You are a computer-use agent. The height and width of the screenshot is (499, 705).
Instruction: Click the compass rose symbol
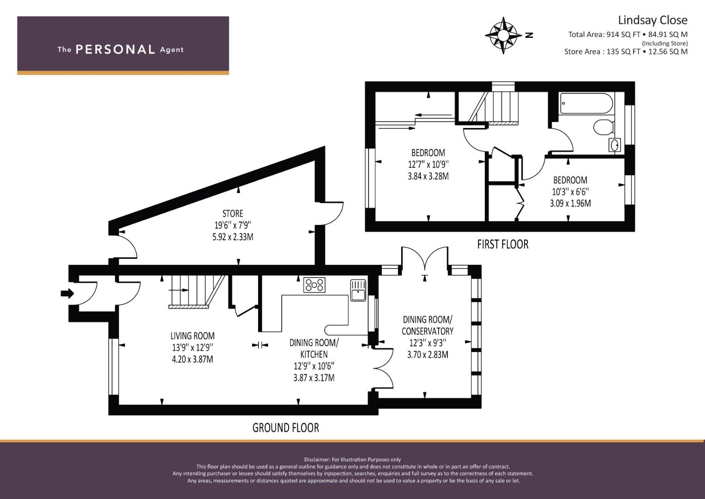(x=503, y=35)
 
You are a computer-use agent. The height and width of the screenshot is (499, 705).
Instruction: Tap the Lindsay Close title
(x=652, y=20)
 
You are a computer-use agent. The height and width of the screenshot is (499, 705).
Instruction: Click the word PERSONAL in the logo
(x=115, y=49)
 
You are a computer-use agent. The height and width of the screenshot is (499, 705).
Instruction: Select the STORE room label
(x=233, y=213)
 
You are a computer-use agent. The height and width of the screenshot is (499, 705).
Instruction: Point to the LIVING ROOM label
(x=193, y=336)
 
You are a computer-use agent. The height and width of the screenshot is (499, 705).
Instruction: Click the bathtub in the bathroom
(x=586, y=103)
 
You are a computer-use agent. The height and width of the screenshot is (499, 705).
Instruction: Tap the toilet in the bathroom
(x=603, y=127)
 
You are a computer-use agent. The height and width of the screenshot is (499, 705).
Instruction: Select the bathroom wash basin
(x=615, y=145)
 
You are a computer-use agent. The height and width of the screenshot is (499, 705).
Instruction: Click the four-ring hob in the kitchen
(x=314, y=285)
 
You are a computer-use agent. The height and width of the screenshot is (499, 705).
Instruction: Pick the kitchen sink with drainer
(x=358, y=290)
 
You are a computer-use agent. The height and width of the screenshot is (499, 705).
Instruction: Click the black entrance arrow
(x=67, y=293)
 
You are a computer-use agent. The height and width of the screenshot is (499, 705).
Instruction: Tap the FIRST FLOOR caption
(x=503, y=244)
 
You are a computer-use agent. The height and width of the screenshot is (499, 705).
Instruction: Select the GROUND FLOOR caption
(x=285, y=428)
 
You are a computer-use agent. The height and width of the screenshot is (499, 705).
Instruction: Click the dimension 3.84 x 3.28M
(x=428, y=176)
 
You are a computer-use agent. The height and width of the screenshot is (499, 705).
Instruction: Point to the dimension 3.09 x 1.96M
(x=570, y=203)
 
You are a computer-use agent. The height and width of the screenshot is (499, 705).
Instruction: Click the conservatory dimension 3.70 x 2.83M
(x=428, y=355)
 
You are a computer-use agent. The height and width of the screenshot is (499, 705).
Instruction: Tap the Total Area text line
(x=627, y=34)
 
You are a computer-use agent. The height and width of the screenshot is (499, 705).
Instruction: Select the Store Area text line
(x=626, y=51)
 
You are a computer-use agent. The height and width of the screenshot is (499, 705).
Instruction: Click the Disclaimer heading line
(x=352, y=460)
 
